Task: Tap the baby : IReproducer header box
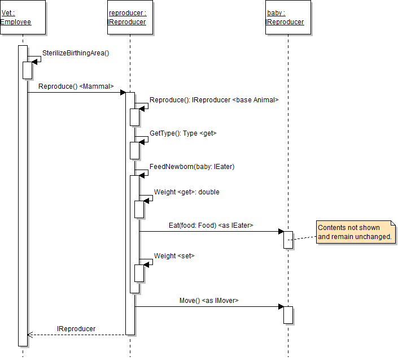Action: pos(288,18)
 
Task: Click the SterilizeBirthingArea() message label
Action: pos(76,53)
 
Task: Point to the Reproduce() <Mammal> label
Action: pos(76,86)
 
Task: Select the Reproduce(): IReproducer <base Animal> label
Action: pos(214,100)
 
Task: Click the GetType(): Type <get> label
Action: pos(183,133)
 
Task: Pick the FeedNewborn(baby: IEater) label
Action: pos(192,167)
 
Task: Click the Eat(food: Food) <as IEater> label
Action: pos(211,225)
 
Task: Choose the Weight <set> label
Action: pos(174,256)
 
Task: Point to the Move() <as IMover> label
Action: pos(209,301)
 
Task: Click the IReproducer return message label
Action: pos(76,328)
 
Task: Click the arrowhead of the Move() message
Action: pos(280,307)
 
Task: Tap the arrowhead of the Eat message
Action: pos(280,231)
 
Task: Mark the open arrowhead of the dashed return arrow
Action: pos(30,335)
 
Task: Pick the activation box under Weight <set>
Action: pos(139,273)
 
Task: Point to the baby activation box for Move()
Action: pos(288,315)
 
